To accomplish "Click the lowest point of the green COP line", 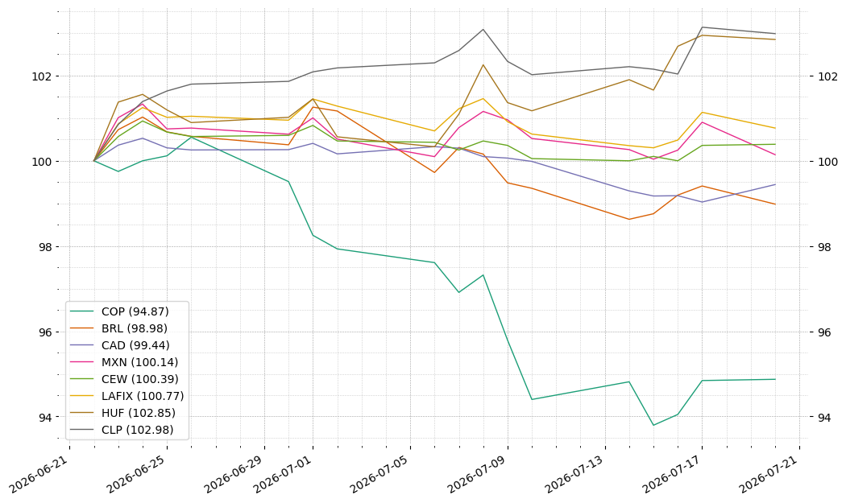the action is click(x=653, y=426).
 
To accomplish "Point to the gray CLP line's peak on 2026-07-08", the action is click(x=483, y=29).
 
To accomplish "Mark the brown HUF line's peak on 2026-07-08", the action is click(x=483, y=64).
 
